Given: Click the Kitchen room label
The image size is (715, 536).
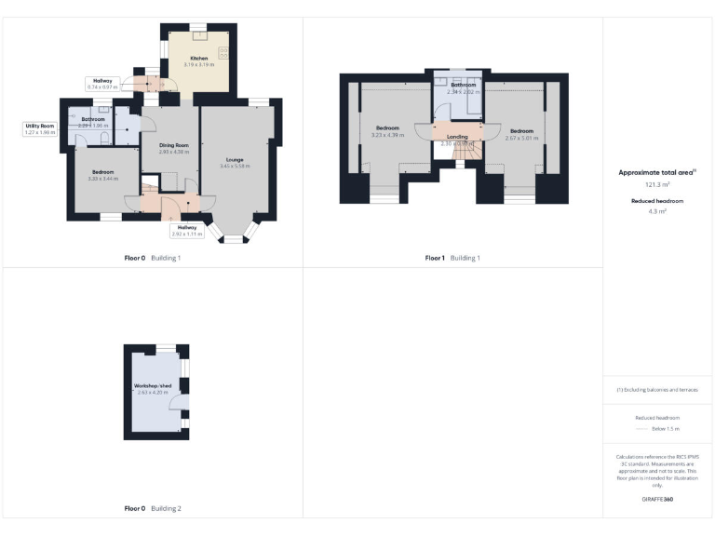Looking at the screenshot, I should click(x=198, y=59).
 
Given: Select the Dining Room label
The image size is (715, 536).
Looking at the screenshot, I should click(x=173, y=145).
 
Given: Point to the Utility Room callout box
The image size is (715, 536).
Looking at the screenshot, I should click(x=40, y=129).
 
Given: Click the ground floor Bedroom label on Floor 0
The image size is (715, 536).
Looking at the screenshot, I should click(x=101, y=172).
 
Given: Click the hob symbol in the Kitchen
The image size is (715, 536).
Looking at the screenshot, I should click(x=224, y=53).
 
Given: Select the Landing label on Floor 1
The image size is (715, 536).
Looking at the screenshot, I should click(x=457, y=137).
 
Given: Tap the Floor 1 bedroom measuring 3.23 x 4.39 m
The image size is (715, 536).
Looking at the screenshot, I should click(x=387, y=131).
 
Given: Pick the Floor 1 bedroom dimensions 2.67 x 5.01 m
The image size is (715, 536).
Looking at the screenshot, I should click(x=521, y=137).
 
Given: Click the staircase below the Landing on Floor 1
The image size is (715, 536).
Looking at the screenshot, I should click(x=459, y=154).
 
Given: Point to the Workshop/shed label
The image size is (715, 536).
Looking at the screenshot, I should click(x=153, y=385).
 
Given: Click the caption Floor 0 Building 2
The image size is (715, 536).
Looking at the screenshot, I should click(x=153, y=509).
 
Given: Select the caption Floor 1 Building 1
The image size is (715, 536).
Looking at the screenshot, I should click(x=452, y=258).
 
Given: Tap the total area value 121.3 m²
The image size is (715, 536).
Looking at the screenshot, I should click(x=657, y=185).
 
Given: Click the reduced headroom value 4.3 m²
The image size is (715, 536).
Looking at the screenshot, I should click(x=657, y=211).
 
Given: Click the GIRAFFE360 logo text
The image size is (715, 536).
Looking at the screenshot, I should click(x=656, y=500).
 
